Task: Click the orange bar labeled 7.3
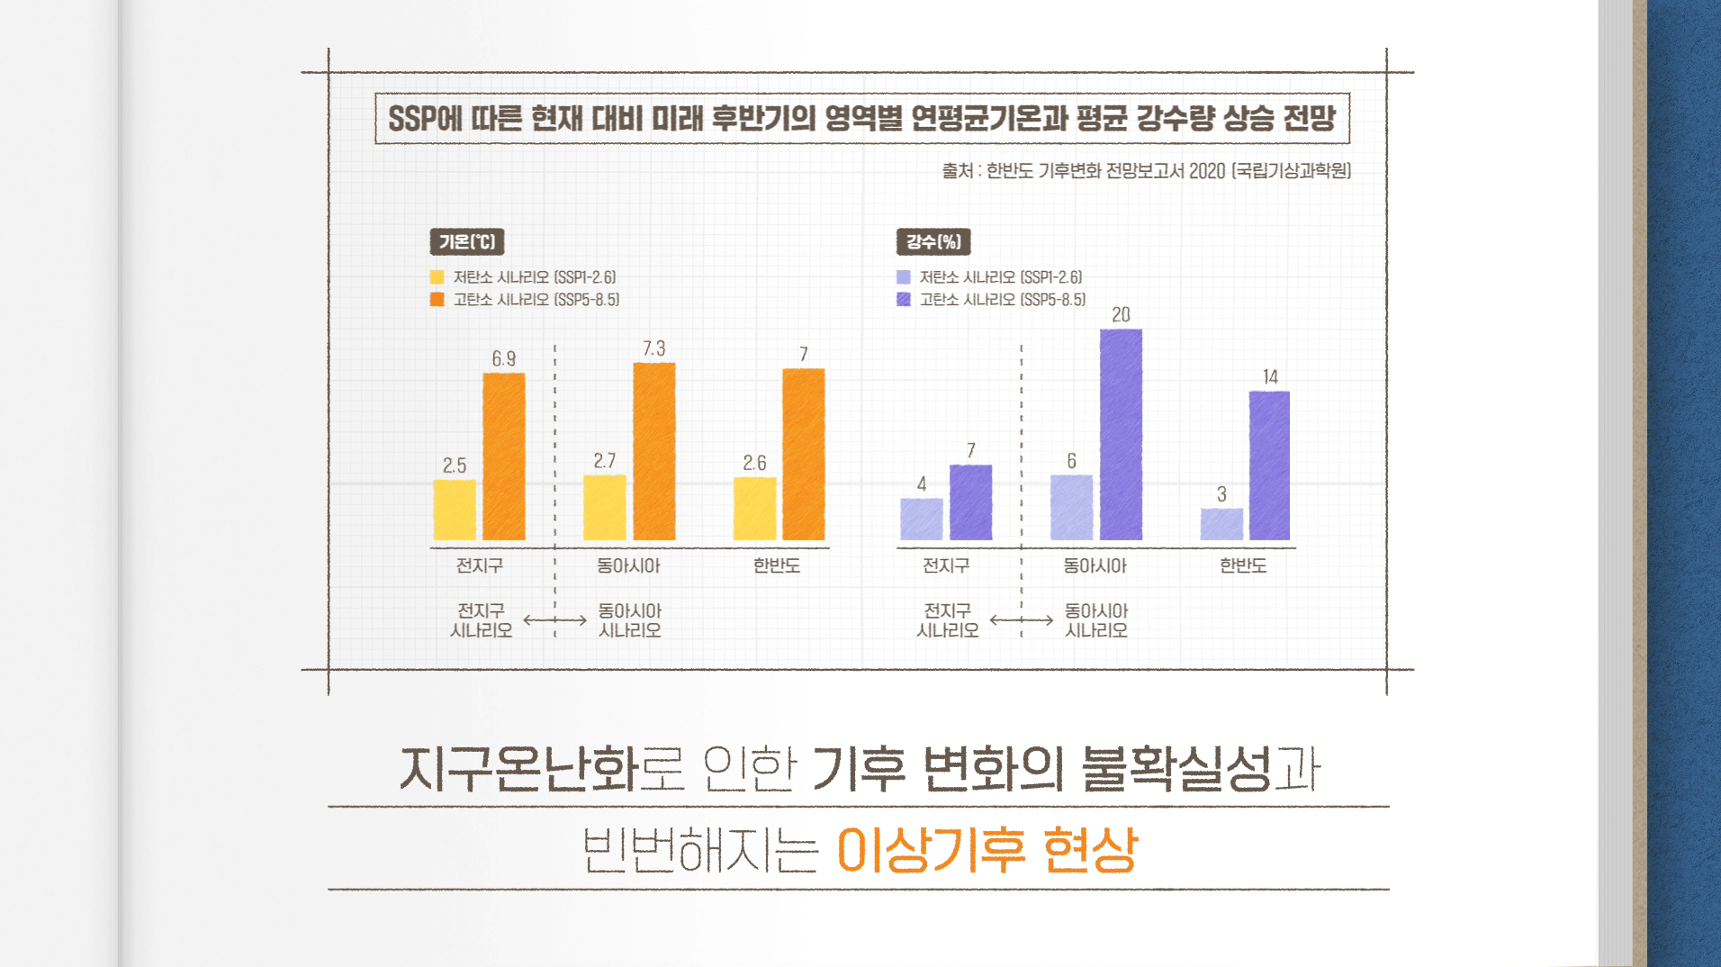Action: pyautogui.click(x=654, y=451)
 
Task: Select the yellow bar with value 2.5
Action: pyautogui.click(x=455, y=510)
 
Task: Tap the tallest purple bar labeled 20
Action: pyautogui.click(x=1121, y=434)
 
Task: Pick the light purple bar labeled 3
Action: pyautogui.click(x=1221, y=524)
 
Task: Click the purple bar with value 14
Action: pyautogui.click(x=1269, y=465)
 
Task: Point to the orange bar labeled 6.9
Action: pyautogui.click(x=504, y=456)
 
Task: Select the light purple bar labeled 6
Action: pyautogui.click(x=1071, y=507)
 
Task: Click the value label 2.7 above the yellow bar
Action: pyautogui.click(x=605, y=461)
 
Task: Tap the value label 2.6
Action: pyautogui.click(x=754, y=463)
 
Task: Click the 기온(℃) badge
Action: pyautogui.click(x=467, y=241)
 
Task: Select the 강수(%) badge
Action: pyautogui.click(x=933, y=241)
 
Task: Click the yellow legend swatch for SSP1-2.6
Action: pyautogui.click(x=437, y=277)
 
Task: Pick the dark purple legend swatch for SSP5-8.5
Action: pyautogui.click(x=904, y=299)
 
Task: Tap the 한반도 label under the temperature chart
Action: pyautogui.click(x=777, y=565)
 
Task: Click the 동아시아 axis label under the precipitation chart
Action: pyautogui.click(x=1095, y=565)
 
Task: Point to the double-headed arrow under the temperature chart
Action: pyautogui.click(x=554, y=620)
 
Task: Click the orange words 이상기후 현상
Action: pyautogui.click(x=987, y=849)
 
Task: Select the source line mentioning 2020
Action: pyautogui.click(x=1146, y=171)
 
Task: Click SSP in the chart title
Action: pyautogui.click(x=412, y=119)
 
